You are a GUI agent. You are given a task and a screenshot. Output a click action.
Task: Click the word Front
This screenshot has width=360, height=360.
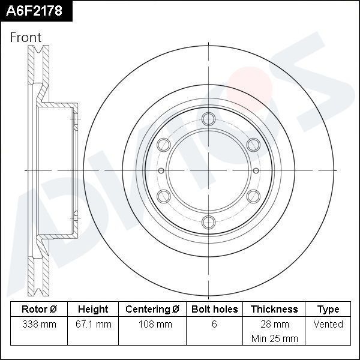tap(26, 37)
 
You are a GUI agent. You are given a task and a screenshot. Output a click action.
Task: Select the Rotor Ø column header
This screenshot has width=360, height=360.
tap(39, 309)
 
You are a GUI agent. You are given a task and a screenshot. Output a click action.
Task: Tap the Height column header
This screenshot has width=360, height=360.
tap(93, 309)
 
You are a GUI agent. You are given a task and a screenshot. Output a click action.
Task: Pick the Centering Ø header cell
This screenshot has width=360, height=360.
tap(152, 309)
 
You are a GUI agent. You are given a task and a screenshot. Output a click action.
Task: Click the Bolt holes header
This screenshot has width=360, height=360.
tap(214, 309)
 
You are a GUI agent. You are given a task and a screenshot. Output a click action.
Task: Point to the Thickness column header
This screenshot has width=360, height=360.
tap(274, 309)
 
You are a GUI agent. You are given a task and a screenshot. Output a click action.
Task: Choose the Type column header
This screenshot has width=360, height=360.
tap(328, 309)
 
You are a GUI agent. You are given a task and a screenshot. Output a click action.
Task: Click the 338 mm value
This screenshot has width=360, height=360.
tap(39, 324)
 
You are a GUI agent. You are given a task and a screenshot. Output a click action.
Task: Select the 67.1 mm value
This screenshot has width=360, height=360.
tap(93, 324)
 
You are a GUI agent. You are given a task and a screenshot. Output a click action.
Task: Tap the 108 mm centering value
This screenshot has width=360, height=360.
tap(152, 324)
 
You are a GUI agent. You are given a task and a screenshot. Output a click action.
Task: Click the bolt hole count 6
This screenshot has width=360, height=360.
tap(214, 324)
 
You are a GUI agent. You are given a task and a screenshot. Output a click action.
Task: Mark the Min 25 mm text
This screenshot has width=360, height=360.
tap(274, 338)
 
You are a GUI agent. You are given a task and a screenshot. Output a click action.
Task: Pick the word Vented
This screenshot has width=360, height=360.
tap(328, 324)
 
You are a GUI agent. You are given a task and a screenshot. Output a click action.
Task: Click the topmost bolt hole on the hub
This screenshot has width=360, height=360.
tap(208, 118)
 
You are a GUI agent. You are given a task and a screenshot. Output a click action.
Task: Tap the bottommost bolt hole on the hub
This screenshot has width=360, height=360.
tap(208, 222)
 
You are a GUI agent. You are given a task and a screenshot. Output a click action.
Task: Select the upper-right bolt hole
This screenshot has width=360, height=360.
tap(253, 144)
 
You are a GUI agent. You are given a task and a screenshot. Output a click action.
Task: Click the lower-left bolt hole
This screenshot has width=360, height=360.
tap(163, 196)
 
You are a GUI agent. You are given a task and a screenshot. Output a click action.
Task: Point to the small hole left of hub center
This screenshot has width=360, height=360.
tap(161, 170)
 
